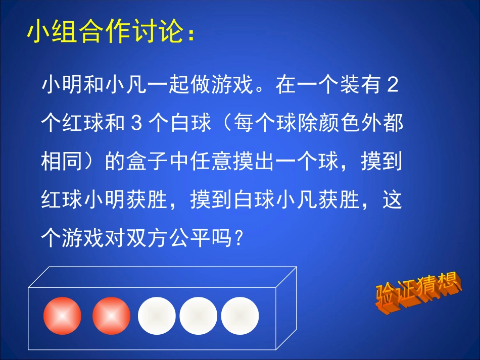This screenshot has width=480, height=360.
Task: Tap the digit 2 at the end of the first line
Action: pyautogui.click(x=392, y=86)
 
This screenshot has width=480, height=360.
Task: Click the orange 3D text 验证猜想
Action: pyautogui.click(x=418, y=291)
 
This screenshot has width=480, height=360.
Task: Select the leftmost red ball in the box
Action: pyautogui.click(x=62, y=316)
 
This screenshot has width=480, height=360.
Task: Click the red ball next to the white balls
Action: pyautogui.click(x=112, y=316)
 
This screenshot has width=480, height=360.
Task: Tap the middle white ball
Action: pyautogui.click(x=198, y=316)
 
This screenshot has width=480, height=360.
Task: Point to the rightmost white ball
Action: pyautogui.click(x=240, y=316)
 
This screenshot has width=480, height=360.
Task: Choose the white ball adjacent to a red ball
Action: pyautogui.click(x=157, y=316)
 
